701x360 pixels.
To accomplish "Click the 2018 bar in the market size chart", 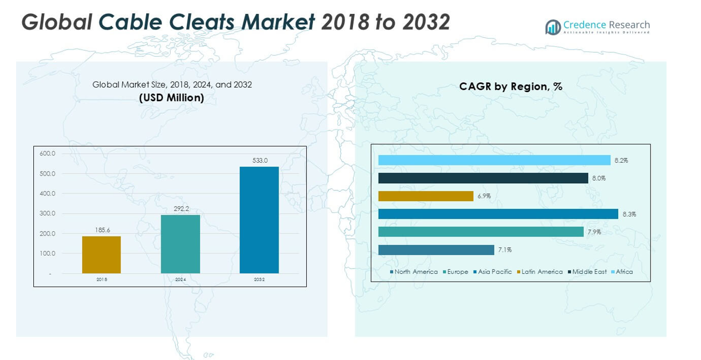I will click(101, 254).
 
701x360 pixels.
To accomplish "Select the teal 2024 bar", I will click(180, 244).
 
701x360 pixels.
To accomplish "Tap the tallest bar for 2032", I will click(259, 219).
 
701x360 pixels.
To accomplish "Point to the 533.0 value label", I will click(260, 160).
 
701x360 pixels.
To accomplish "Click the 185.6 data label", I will click(102, 229).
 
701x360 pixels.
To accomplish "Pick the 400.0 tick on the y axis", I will click(47, 193).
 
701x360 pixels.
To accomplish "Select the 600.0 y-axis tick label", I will click(47, 153).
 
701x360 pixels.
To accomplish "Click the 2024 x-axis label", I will click(180, 279).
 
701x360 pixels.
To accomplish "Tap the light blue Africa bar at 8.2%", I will click(494, 160).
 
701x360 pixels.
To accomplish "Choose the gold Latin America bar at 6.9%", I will click(426, 196).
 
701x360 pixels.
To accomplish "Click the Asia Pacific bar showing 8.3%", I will click(498, 214).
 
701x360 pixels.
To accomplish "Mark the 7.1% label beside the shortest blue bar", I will click(505, 250).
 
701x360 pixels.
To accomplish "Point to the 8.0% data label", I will click(599, 178).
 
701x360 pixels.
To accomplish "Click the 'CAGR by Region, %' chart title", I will click(510, 87).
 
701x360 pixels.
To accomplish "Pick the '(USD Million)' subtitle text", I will click(172, 98).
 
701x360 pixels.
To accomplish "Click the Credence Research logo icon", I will click(553, 27).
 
